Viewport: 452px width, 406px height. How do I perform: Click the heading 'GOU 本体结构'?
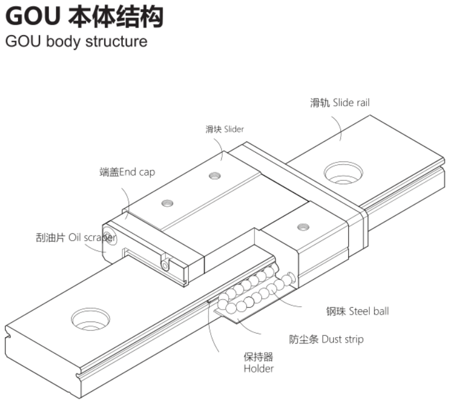84,17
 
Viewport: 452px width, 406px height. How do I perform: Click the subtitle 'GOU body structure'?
76,41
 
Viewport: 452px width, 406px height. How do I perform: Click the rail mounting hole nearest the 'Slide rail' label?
343,173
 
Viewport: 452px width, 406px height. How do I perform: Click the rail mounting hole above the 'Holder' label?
91,319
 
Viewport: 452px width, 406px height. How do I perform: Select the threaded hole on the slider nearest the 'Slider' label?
215,175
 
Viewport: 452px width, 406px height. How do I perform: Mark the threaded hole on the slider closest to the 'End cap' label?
167,203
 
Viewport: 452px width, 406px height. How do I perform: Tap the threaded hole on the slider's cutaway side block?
303,227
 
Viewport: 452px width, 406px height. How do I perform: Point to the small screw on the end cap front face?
165,265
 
